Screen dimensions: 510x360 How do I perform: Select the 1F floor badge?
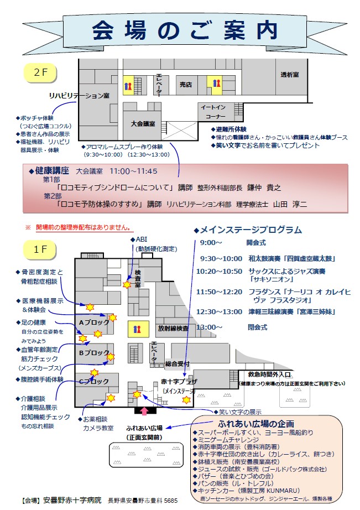(39, 250)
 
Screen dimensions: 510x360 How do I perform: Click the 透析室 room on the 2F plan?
(289, 75)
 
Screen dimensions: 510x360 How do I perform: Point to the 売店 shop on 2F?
(185, 85)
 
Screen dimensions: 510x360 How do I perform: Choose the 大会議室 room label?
(142, 123)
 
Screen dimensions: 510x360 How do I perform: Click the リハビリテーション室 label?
(79, 96)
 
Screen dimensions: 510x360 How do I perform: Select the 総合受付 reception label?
(177, 363)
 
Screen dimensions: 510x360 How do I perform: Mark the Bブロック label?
(94, 352)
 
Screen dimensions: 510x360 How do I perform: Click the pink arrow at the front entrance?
(145, 411)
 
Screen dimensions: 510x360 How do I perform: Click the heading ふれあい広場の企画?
(256, 424)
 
